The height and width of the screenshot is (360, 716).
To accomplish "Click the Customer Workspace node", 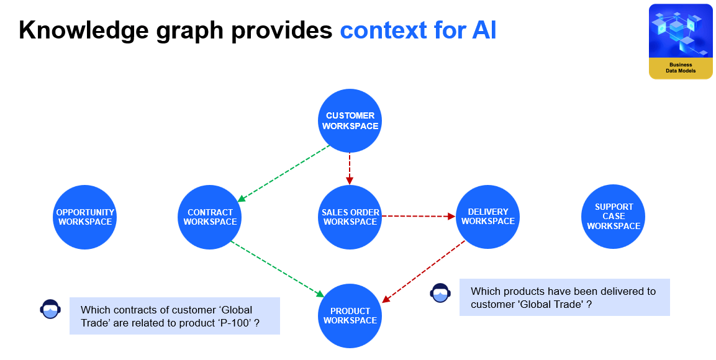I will click(x=350, y=120).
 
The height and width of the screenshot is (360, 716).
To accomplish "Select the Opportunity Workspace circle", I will click(x=85, y=217).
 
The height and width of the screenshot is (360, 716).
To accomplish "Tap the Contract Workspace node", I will click(x=210, y=217).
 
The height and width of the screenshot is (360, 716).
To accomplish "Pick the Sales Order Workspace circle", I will click(x=350, y=217).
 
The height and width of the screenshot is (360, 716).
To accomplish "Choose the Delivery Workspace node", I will click(x=487, y=216).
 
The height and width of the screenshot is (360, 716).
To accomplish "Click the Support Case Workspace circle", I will click(x=614, y=217).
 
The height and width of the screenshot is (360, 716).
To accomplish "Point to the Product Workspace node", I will click(x=350, y=315).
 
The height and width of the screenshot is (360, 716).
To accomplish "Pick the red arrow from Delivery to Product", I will click(x=424, y=271).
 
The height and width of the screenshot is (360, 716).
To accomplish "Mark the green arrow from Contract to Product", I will click(x=278, y=269).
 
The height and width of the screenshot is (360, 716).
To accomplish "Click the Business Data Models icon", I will click(x=681, y=42).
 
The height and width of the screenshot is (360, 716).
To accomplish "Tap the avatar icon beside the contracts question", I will click(x=50, y=308).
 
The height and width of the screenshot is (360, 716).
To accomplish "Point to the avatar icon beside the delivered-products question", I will click(x=440, y=292).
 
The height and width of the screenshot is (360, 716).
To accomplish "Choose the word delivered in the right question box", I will click(x=596, y=291).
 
